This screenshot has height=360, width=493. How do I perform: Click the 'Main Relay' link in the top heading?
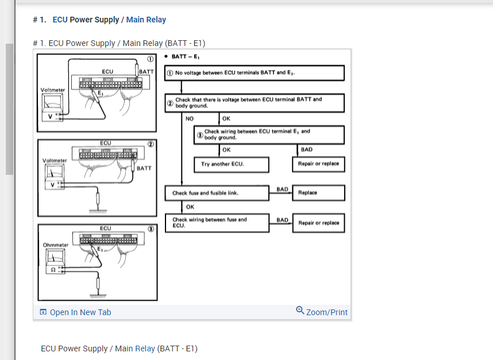[x=146, y=20]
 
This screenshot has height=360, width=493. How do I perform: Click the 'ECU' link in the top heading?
[x=60, y=20]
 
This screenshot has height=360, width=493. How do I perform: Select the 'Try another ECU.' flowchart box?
[x=232, y=164]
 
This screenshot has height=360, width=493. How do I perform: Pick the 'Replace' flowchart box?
[x=319, y=193]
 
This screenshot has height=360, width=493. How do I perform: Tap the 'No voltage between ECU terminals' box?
[x=255, y=73]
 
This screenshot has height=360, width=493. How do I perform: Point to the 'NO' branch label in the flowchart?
[x=190, y=119]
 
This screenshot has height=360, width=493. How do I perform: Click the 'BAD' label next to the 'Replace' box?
[x=282, y=189]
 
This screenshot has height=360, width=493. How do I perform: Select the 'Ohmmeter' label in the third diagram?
[x=56, y=245]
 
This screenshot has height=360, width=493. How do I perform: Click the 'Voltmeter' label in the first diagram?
[x=53, y=90]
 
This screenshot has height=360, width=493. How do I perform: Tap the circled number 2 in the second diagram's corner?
[x=150, y=144]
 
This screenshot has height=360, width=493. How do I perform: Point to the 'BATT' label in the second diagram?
[x=144, y=168]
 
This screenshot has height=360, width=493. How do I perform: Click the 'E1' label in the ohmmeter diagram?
[x=100, y=250]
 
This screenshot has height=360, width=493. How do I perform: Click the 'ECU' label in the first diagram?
[x=107, y=71]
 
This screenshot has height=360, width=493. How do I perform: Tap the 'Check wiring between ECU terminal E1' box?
[x=269, y=135]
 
